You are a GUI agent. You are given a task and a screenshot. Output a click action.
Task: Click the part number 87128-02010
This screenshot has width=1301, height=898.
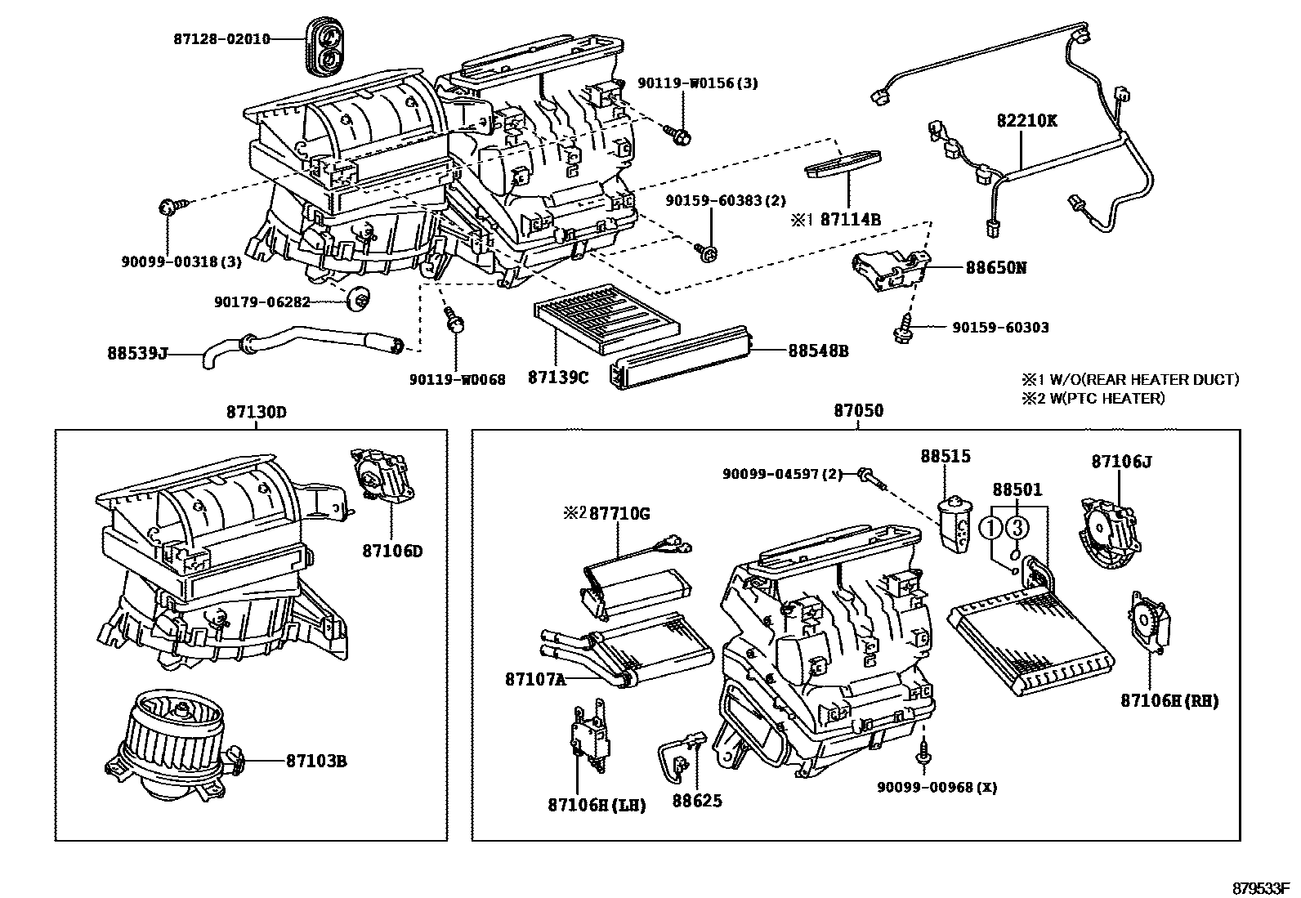tap(221, 38)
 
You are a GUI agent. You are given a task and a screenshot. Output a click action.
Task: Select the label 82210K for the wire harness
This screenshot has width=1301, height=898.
tap(1026, 120)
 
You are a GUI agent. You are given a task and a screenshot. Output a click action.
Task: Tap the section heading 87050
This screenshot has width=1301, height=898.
tap(858, 411)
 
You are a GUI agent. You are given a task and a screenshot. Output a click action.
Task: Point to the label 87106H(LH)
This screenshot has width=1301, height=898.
tap(597, 805)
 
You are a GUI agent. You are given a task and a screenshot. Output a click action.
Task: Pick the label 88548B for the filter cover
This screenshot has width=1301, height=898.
tap(817, 351)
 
